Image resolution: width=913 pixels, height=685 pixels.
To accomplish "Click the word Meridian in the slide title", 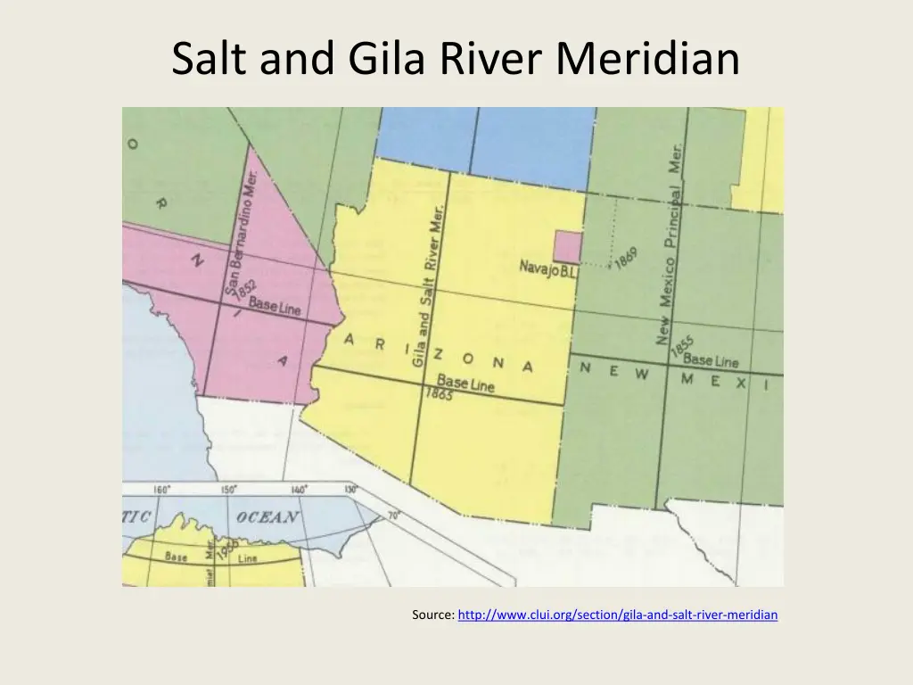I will (x=647, y=59).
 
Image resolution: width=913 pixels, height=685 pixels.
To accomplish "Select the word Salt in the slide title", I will (x=208, y=59).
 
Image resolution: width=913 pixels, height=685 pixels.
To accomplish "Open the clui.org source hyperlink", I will (x=617, y=615).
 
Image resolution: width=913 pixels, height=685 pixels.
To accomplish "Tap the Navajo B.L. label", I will (x=548, y=268).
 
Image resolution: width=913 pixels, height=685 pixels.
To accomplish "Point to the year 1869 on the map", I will (x=626, y=258).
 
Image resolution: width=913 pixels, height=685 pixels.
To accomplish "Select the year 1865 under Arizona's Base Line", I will (x=439, y=393).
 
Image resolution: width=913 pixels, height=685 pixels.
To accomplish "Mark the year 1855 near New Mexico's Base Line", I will (x=682, y=347).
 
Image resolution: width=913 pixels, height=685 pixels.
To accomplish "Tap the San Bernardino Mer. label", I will (x=241, y=234).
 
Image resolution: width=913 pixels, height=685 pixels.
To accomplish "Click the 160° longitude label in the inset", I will (x=162, y=490).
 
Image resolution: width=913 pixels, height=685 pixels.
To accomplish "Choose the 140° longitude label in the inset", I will (x=298, y=490).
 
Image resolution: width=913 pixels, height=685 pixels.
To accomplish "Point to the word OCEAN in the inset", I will (x=267, y=517).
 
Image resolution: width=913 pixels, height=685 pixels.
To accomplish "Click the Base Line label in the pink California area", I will (x=275, y=307).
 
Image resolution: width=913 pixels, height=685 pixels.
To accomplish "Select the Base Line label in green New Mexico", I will (x=711, y=360).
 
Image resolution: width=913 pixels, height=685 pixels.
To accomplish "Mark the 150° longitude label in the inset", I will (x=229, y=490).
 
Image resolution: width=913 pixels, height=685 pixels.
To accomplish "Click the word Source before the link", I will (x=432, y=615).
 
